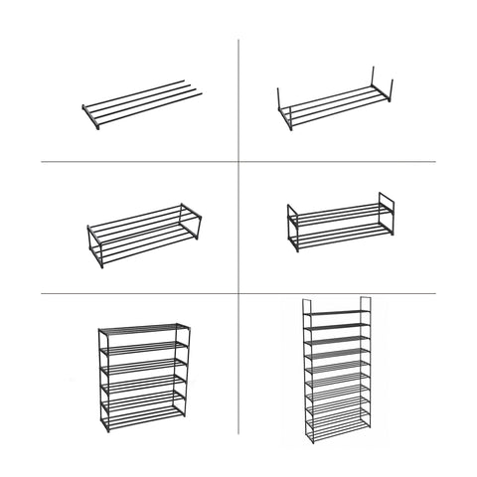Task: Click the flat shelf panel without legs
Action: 141,104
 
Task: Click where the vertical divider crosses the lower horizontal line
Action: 238,292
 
